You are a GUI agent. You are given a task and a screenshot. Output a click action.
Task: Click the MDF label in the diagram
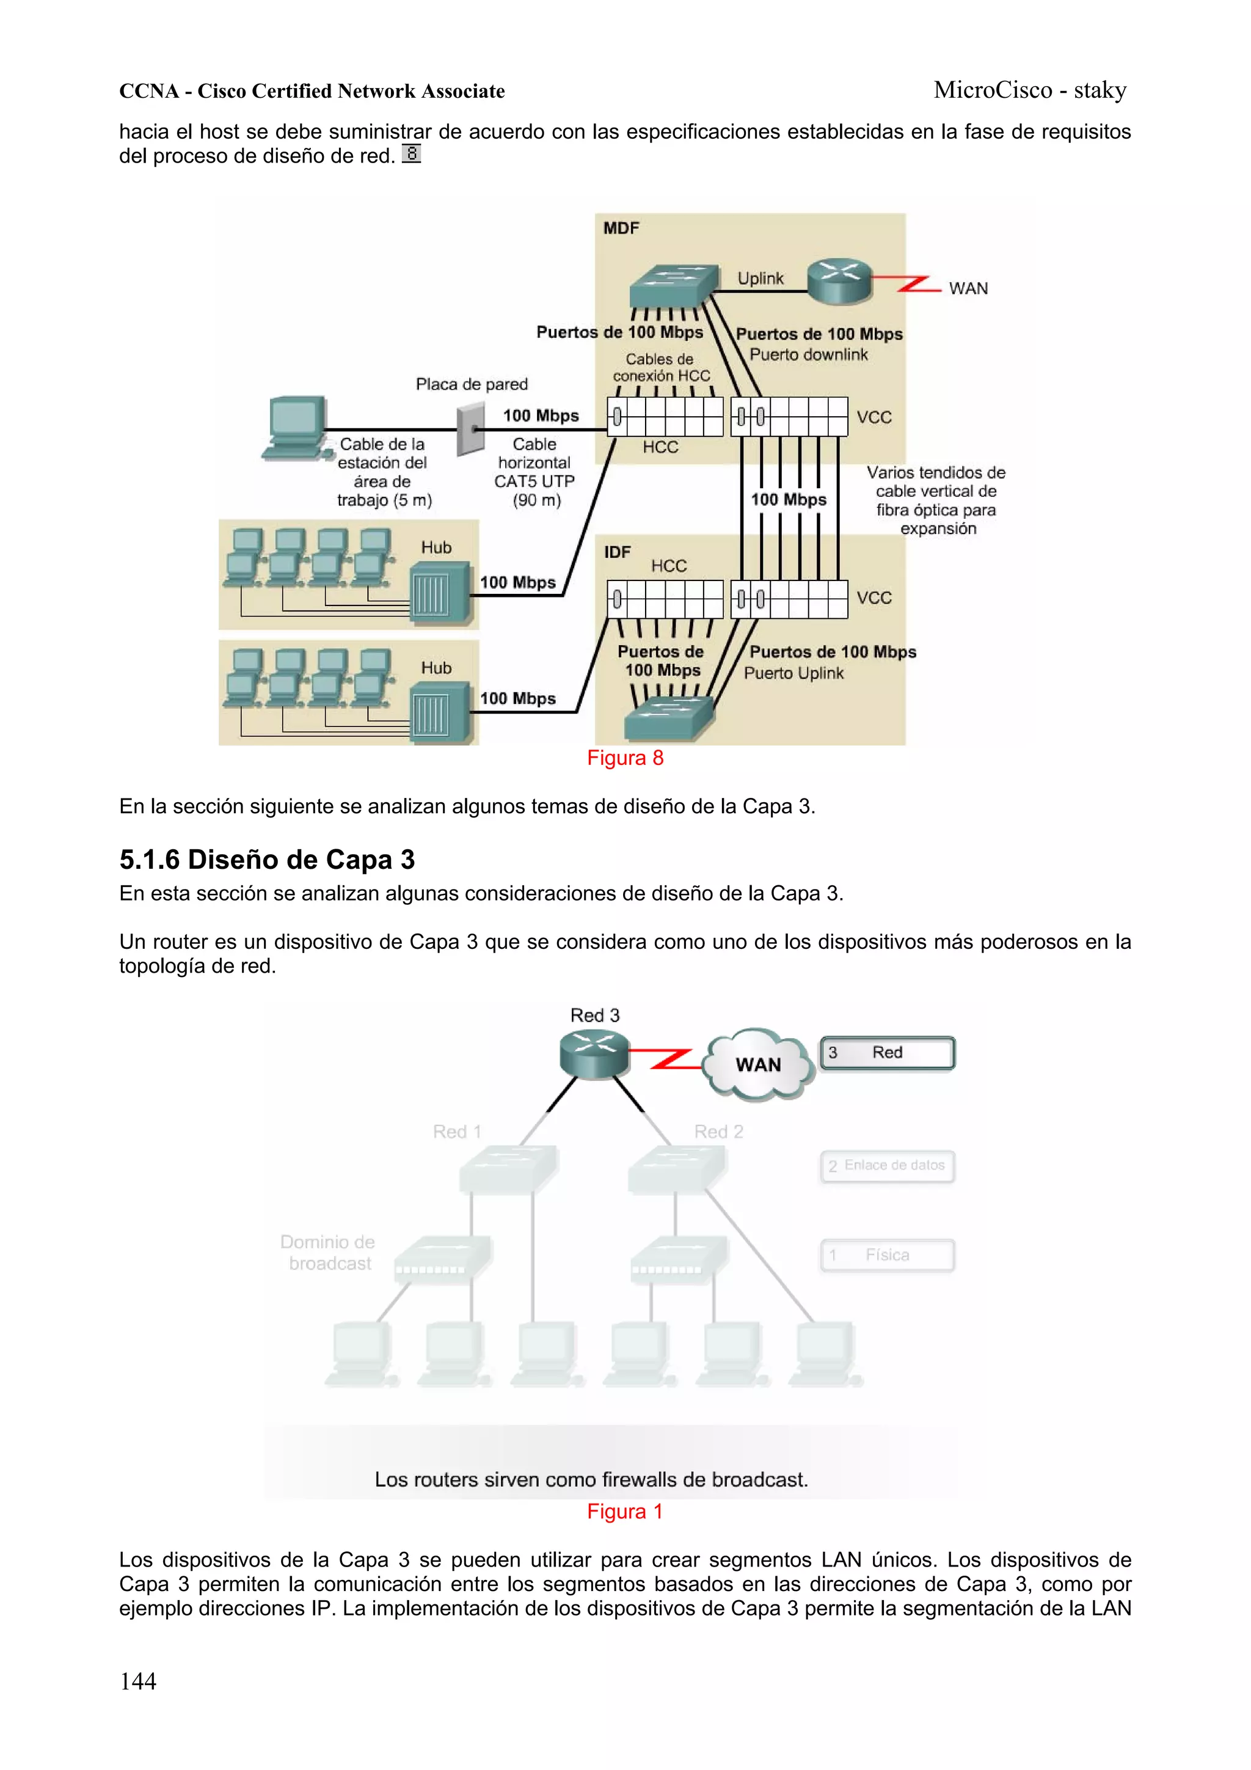pyautogui.click(x=621, y=228)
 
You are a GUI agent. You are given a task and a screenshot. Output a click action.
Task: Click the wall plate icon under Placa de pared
pyautogui.click(x=470, y=430)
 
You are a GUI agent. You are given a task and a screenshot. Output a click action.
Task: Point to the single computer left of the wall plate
pyautogui.click(x=294, y=429)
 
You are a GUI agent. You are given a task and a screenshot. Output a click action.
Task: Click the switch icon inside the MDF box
pyautogui.click(x=671, y=286)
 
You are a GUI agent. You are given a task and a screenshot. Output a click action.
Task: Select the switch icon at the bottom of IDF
pyautogui.click(x=668, y=718)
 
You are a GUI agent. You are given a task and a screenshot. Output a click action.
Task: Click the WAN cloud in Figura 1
pyautogui.click(x=759, y=1064)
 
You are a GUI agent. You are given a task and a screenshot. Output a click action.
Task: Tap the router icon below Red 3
pyautogui.click(x=594, y=1054)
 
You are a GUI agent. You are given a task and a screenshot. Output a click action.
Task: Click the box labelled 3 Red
pyautogui.click(x=886, y=1053)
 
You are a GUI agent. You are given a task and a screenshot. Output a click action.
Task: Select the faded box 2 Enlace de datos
pyautogui.click(x=886, y=1166)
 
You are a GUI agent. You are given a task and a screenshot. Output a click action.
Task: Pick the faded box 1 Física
pyautogui.click(x=886, y=1255)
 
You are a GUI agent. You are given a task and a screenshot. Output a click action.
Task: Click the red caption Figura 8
pyautogui.click(x=625, y=758)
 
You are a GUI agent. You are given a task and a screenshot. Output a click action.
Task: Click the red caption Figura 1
pyautogui.click(x=625, y=1512)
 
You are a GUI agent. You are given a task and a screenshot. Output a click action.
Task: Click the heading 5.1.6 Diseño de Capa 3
pyautogui.click(x=267, y=859)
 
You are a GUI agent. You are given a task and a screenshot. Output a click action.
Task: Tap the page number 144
pyautogui.click(x=138, y=1681)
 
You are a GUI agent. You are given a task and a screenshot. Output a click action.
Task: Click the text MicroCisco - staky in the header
pyautogui.click(x=1030, y=90)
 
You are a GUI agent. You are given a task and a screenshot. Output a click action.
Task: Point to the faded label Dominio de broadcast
pyautogui.click(x=327, y=1252)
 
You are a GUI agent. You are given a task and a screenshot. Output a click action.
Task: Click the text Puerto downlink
pyautogui.click(x=809, y=354)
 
